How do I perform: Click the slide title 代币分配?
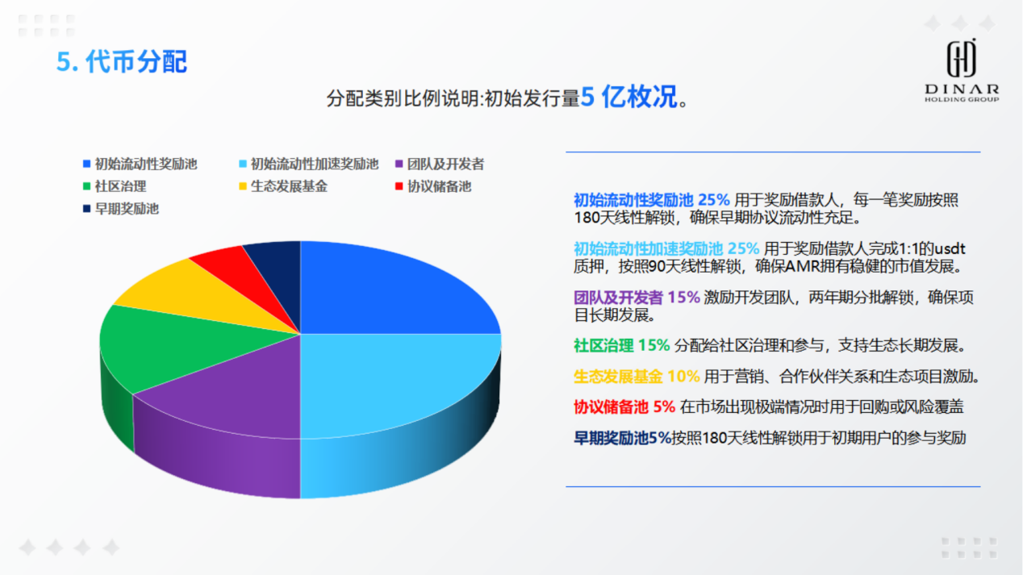136,61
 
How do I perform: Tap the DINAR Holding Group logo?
962,70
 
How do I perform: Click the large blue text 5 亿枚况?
628,97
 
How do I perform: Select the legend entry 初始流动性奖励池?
140,164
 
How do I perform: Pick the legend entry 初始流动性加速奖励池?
309,164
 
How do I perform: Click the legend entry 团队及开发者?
440,164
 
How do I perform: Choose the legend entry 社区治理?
115,186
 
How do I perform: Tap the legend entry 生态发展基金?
283,186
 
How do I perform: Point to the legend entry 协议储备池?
433,186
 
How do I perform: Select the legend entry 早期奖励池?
120,209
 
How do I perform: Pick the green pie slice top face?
182,347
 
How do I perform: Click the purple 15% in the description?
683,298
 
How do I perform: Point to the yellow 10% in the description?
683,377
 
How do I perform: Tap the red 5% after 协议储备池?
664,406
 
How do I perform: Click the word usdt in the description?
950,248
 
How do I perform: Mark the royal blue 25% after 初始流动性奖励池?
714,200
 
